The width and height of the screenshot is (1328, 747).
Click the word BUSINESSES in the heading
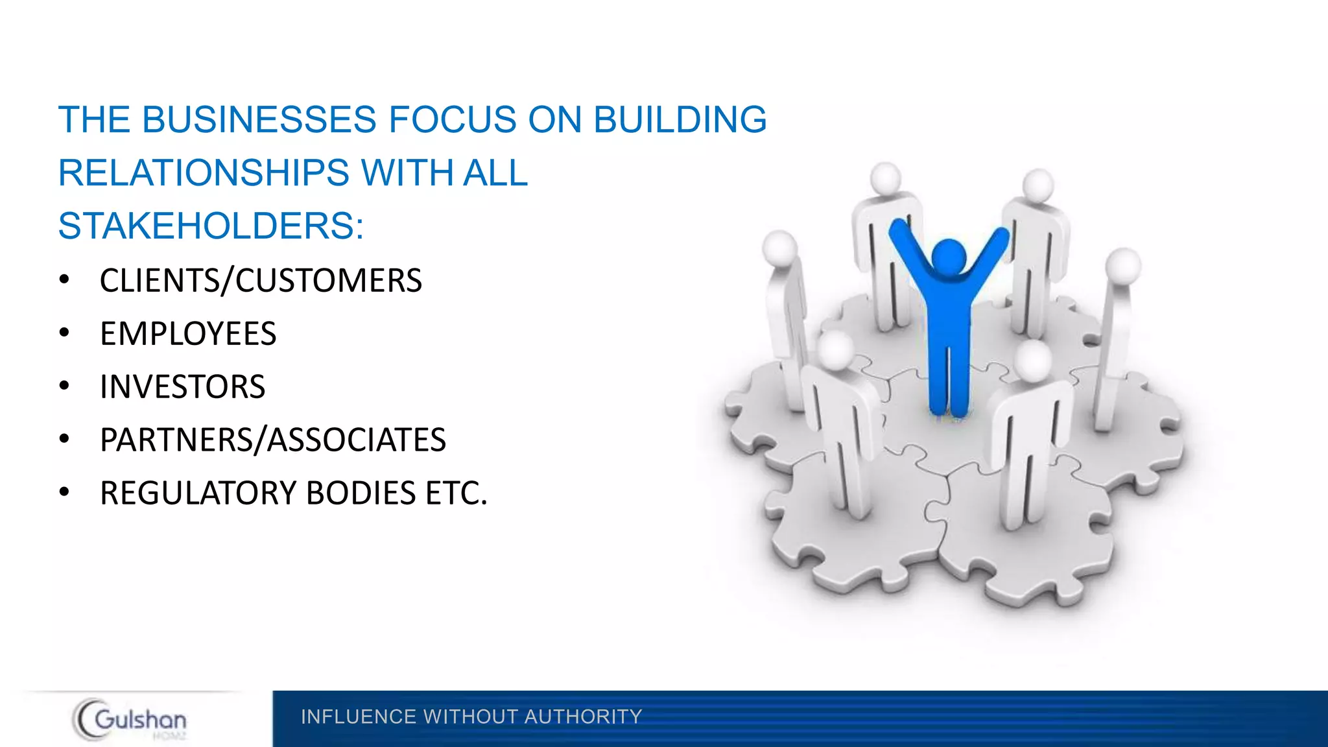[259, 120]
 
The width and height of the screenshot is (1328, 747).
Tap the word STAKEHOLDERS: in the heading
[211, 226]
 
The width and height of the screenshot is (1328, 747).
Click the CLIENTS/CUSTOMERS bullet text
[261, 281]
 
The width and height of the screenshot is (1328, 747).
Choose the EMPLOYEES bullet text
[188, 334]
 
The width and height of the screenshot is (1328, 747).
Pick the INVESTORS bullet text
[183, 387]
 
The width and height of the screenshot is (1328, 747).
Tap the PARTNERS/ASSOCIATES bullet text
[273, 440]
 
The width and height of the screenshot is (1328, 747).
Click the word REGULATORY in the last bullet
[198, 493]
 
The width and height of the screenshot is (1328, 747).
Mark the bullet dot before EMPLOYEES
[64, 333]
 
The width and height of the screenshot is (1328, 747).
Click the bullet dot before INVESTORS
[64, 386]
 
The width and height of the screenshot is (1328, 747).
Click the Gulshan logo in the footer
[130, 719]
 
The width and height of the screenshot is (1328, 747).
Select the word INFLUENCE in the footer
[359, 717]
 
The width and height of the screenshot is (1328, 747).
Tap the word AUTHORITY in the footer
[583, 717]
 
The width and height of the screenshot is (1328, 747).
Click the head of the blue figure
[949, 256]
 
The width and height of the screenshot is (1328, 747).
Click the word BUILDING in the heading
[680, 120]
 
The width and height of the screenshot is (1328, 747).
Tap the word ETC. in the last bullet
[456, 493]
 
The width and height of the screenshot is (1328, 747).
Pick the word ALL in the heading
[495, 173]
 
